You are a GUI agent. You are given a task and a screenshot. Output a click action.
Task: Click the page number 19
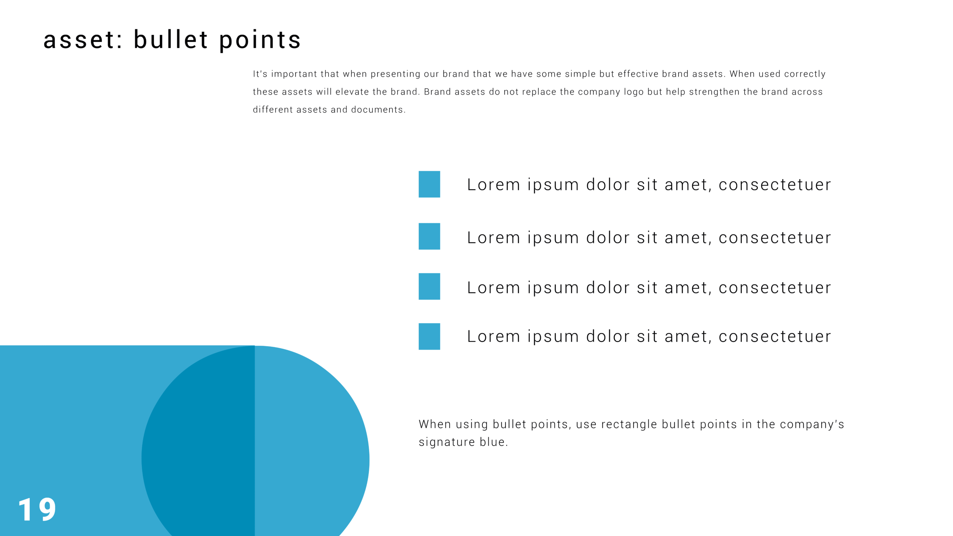[37, 509]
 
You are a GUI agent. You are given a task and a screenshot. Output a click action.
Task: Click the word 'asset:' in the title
[83, 40]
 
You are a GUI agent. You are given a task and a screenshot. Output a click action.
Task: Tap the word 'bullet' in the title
[170, 39]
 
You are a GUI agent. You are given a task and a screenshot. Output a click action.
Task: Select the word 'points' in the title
[260, 41]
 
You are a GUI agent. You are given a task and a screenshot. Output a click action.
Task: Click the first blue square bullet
[429, 184]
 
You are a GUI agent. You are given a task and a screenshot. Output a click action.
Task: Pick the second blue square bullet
[429, 236]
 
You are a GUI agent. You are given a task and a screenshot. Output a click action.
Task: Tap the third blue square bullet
[429, 287]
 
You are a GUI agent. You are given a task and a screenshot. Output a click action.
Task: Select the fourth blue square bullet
[429, 336]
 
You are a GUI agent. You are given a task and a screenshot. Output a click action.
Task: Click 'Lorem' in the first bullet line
[493, 185]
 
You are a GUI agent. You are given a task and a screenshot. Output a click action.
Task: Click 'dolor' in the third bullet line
[608, 288]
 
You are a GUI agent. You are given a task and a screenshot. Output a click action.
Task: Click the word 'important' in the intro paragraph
[294, 74]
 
